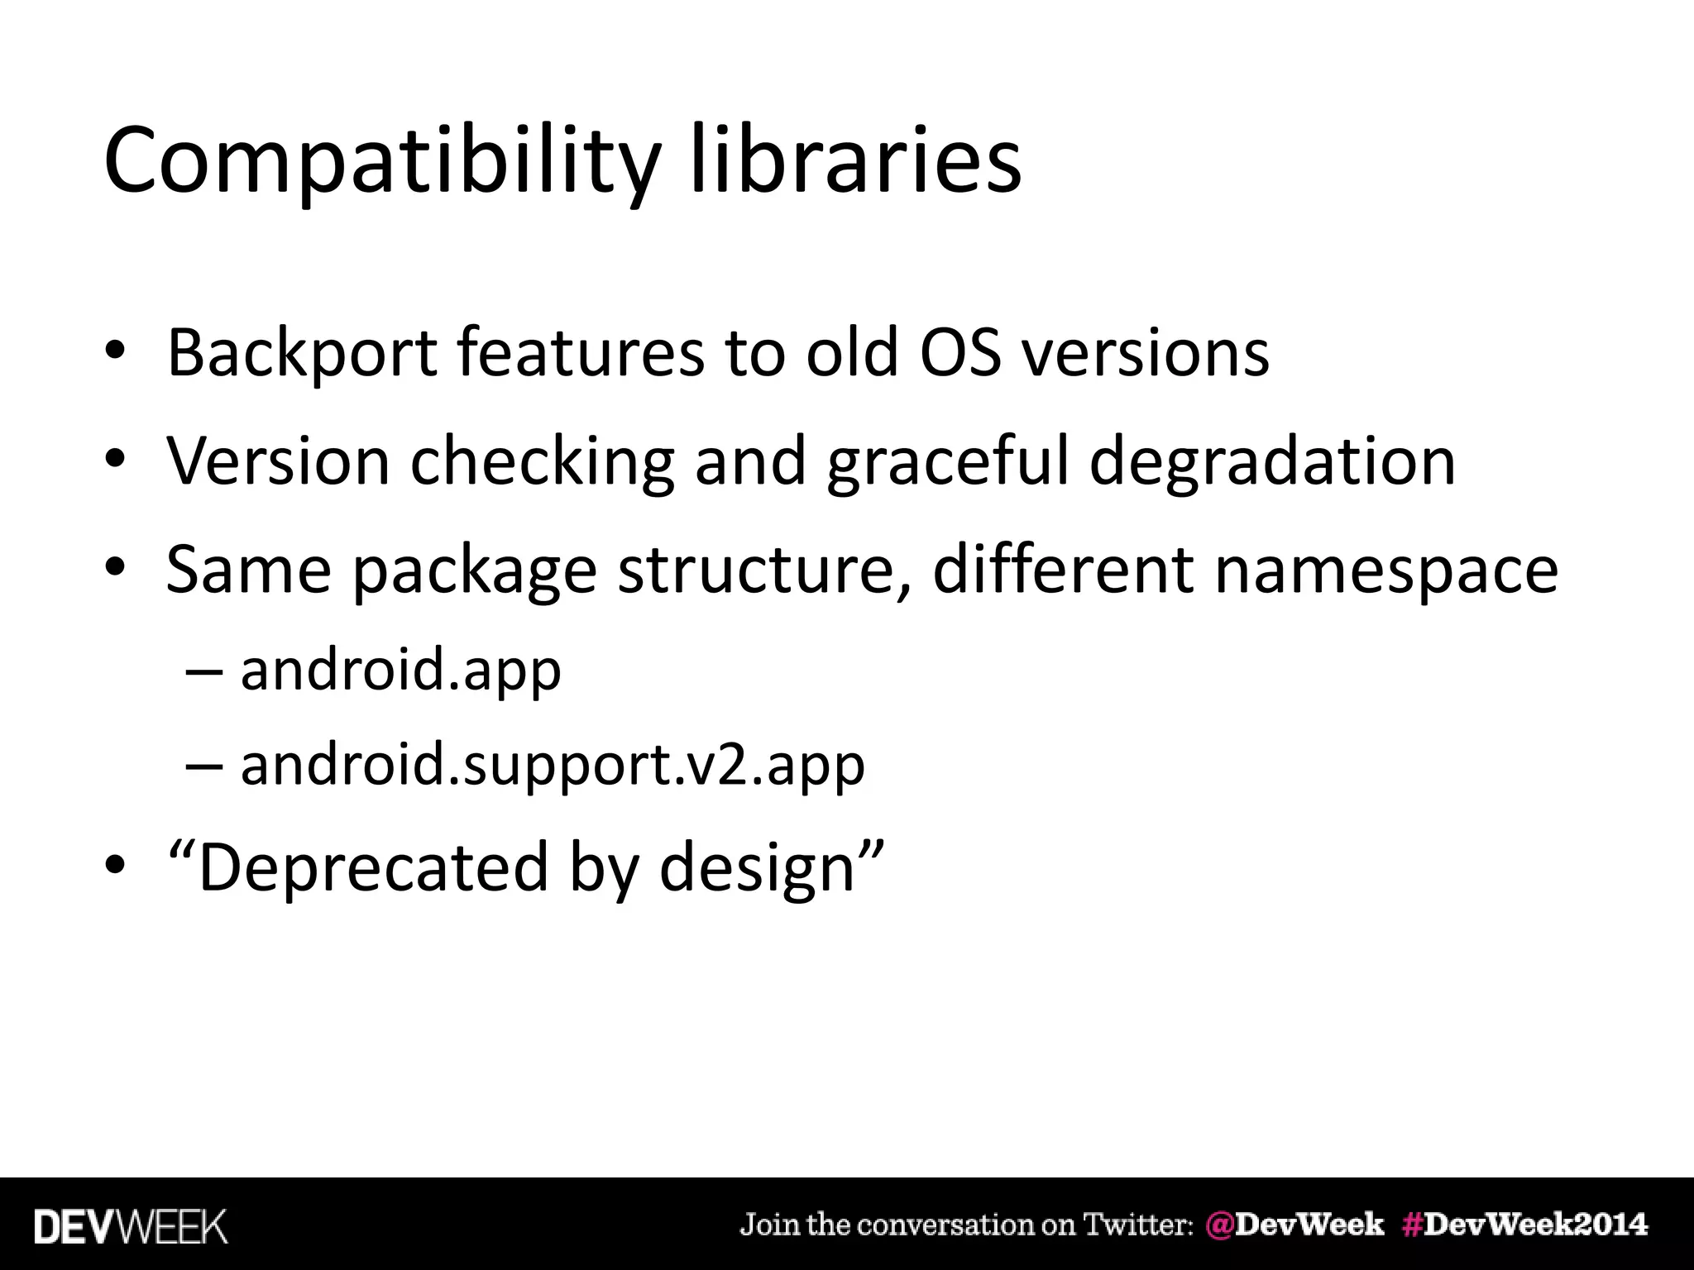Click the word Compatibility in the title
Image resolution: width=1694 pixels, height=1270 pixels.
click(x=380, y=161)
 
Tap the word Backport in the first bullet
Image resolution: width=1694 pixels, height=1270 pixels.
click(x=301, y=354)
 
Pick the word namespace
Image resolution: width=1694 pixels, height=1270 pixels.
click(x=1385, y=571)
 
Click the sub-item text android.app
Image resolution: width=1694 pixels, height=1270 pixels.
click(x=400, y=670)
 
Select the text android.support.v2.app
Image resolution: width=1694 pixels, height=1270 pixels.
click(x=553, y=766)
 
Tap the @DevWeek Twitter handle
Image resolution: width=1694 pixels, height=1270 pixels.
click(x=1294, y=1225)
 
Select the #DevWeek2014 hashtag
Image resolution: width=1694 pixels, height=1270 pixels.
click(x=1524, y=1225)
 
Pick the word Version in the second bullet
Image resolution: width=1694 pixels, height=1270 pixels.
click(x=278, y=461)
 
